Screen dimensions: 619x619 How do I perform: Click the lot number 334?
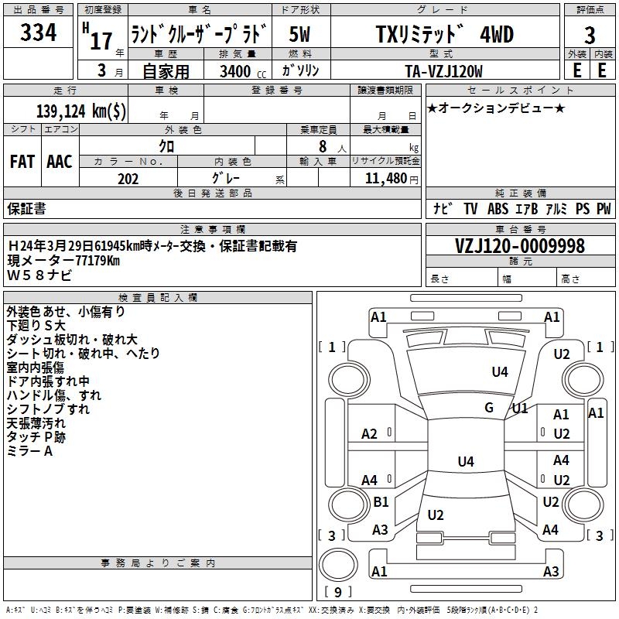click(38, 33)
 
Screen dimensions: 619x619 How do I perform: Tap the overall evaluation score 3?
click(590, 36)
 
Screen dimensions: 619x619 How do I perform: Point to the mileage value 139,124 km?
click(81, 111)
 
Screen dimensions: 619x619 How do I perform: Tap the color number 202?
click(128, 179)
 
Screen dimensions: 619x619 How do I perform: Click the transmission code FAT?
click(22, 161)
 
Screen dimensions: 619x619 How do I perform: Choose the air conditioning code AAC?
click(60, 161)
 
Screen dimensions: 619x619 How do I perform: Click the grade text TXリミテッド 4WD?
click(444, 35)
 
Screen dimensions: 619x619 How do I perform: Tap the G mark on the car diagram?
click(489, 407)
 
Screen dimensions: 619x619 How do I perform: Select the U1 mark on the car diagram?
click(519, 408)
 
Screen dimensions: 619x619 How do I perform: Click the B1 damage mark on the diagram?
click(381, 502)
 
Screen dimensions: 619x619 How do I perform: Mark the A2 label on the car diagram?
click(370, 434)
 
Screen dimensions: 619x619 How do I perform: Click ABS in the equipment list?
click(499, 209)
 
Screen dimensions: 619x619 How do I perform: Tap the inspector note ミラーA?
click(29, 451)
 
